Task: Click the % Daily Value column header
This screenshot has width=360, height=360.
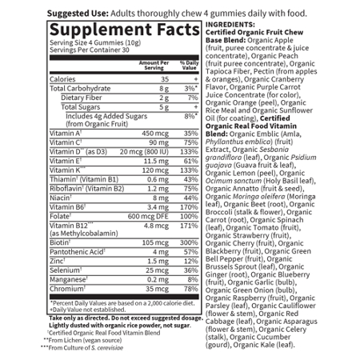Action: [x=190, y=65]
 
